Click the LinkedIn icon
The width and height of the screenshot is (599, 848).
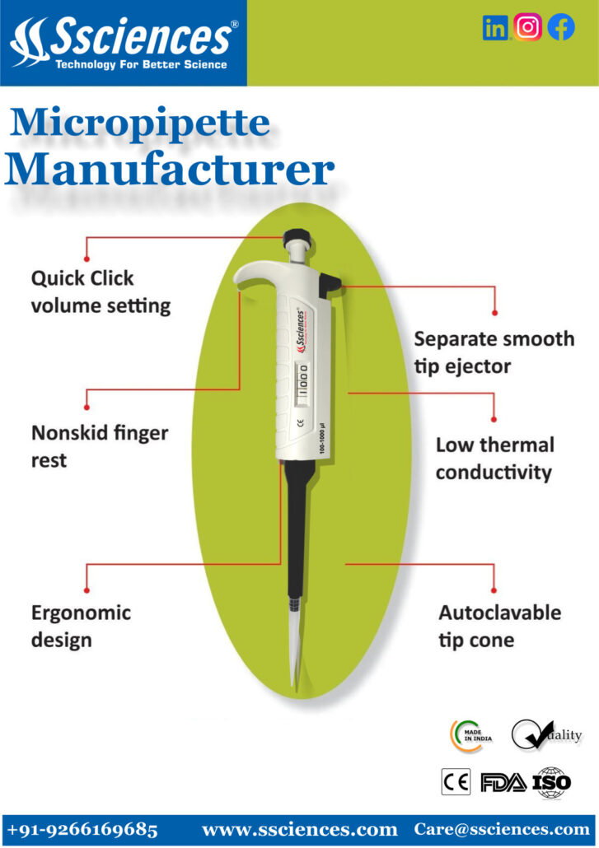(495, 28)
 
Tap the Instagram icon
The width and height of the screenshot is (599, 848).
(527, 27)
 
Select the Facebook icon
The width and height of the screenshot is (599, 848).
(561, 27)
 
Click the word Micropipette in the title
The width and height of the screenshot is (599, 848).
(139, 123)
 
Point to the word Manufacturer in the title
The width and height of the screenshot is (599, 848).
(170, 170)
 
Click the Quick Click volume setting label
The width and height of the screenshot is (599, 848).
(101, 292)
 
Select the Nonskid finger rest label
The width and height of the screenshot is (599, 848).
(100, 447)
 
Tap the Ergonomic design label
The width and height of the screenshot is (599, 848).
(81, 627)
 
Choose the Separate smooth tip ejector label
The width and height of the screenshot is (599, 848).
(494, 352)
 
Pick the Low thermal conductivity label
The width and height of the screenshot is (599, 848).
(495, 459)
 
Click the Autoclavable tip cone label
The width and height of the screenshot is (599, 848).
(500, 627)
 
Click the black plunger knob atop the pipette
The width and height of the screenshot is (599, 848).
(297, 236)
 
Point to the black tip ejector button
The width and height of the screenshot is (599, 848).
(329, 285)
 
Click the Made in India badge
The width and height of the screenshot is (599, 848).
(471, 735)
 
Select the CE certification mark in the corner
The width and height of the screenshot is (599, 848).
(456, 781)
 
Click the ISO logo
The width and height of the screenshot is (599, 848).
(551, 782)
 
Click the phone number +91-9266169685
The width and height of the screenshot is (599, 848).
(82, 830)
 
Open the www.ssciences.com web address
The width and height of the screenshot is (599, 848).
(299, 830)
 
